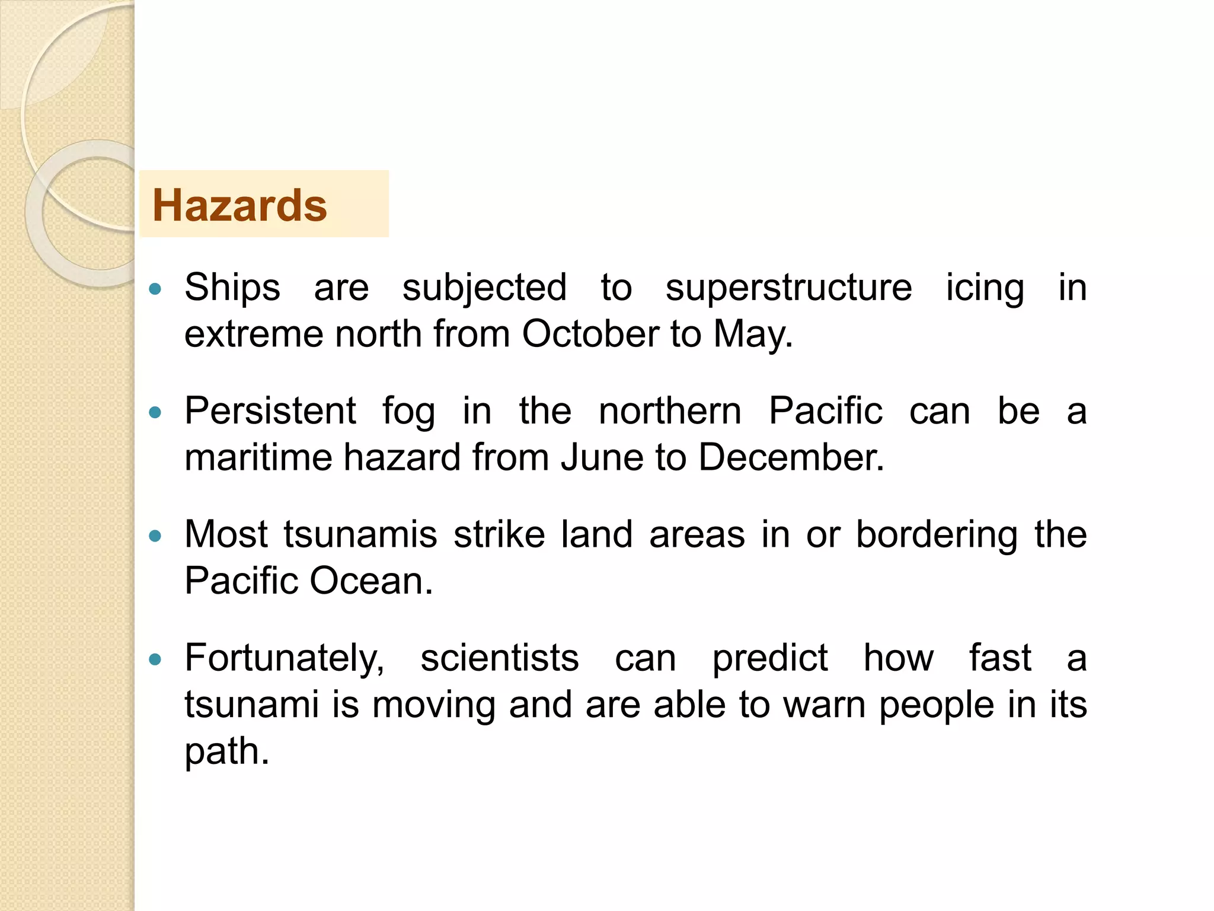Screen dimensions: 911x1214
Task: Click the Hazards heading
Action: coord(239,205)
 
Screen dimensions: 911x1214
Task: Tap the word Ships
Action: coord(232,288)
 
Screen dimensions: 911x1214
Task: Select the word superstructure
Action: coord(788,288)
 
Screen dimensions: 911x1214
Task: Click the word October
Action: coord(590,334)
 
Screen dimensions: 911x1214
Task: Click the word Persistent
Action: coord(270,410)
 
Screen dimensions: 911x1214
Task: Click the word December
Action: coord(791,457)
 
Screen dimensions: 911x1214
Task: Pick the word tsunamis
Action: coord(360,534)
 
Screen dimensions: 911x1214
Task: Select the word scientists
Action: coord(499,658)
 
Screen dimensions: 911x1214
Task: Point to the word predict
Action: coord(769,658)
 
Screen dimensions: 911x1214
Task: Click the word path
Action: coord(226,752)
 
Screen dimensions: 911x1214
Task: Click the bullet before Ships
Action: coord(155,289)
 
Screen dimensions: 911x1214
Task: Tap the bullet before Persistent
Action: coord(155,413)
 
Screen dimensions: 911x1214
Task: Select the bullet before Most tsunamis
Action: coord(155,537)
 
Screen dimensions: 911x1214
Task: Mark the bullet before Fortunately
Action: coord(155,660)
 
